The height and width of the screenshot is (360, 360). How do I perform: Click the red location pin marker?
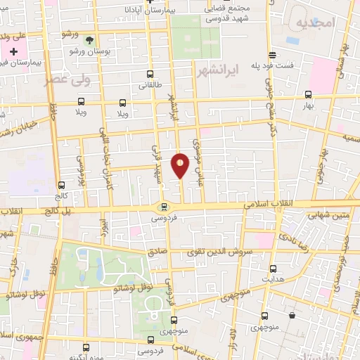[181, 166]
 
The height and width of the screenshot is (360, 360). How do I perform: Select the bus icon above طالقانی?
[149, 74]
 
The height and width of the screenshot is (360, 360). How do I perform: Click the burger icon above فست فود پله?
[272, 55]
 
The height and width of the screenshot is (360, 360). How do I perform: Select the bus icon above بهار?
[308, 94]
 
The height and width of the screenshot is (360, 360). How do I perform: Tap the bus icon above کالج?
[60, 186]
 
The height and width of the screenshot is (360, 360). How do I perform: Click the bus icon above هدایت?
[273, 268]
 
